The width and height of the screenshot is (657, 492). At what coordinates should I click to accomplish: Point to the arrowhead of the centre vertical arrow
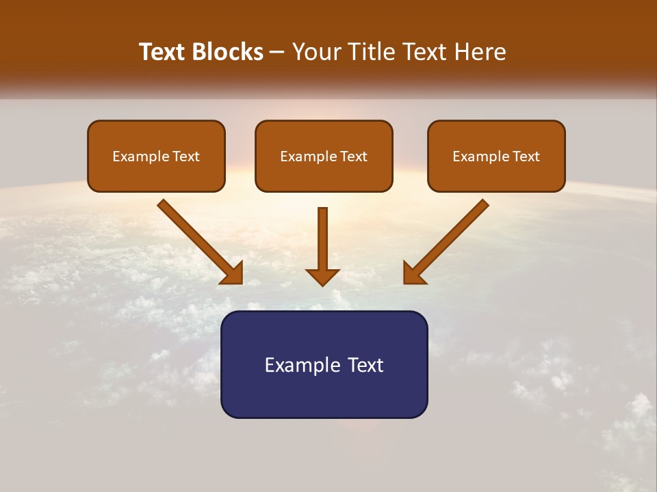pos(323,277)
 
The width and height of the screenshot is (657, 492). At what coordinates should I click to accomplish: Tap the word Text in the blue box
pos(366,366)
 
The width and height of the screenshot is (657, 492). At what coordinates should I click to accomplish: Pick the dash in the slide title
pos(277,53)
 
